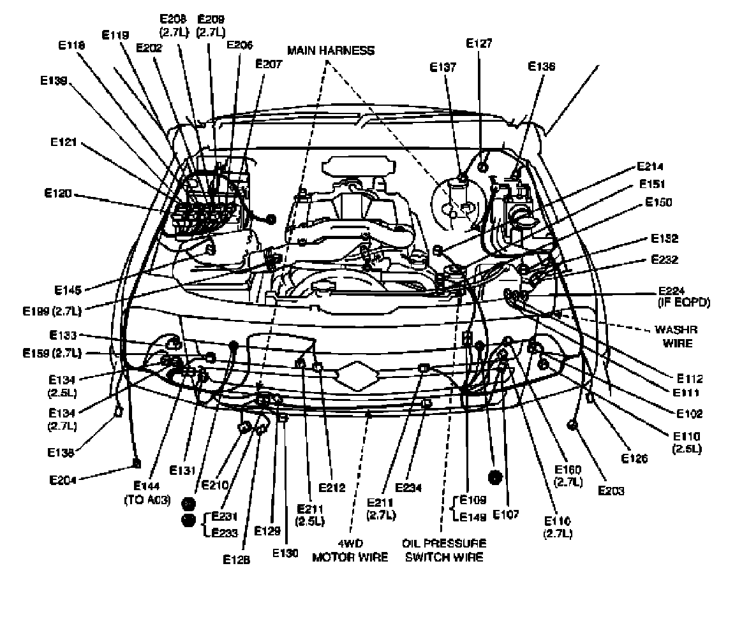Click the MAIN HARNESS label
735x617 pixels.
coord(330,50)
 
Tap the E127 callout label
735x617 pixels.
coord(479,44)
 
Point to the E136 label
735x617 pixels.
coord(542,66)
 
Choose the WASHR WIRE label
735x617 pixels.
coord(676,337)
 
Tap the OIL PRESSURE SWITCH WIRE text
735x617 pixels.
coord(444,550)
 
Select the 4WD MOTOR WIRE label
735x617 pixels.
coord(350,550)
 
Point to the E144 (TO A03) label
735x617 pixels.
coord(147,494)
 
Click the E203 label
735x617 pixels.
coord(611,490)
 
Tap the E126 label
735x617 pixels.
coord(635,458)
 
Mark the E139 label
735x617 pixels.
coord(52,81)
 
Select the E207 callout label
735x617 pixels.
coord(268,64)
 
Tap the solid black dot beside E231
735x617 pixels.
coord(188,520)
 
